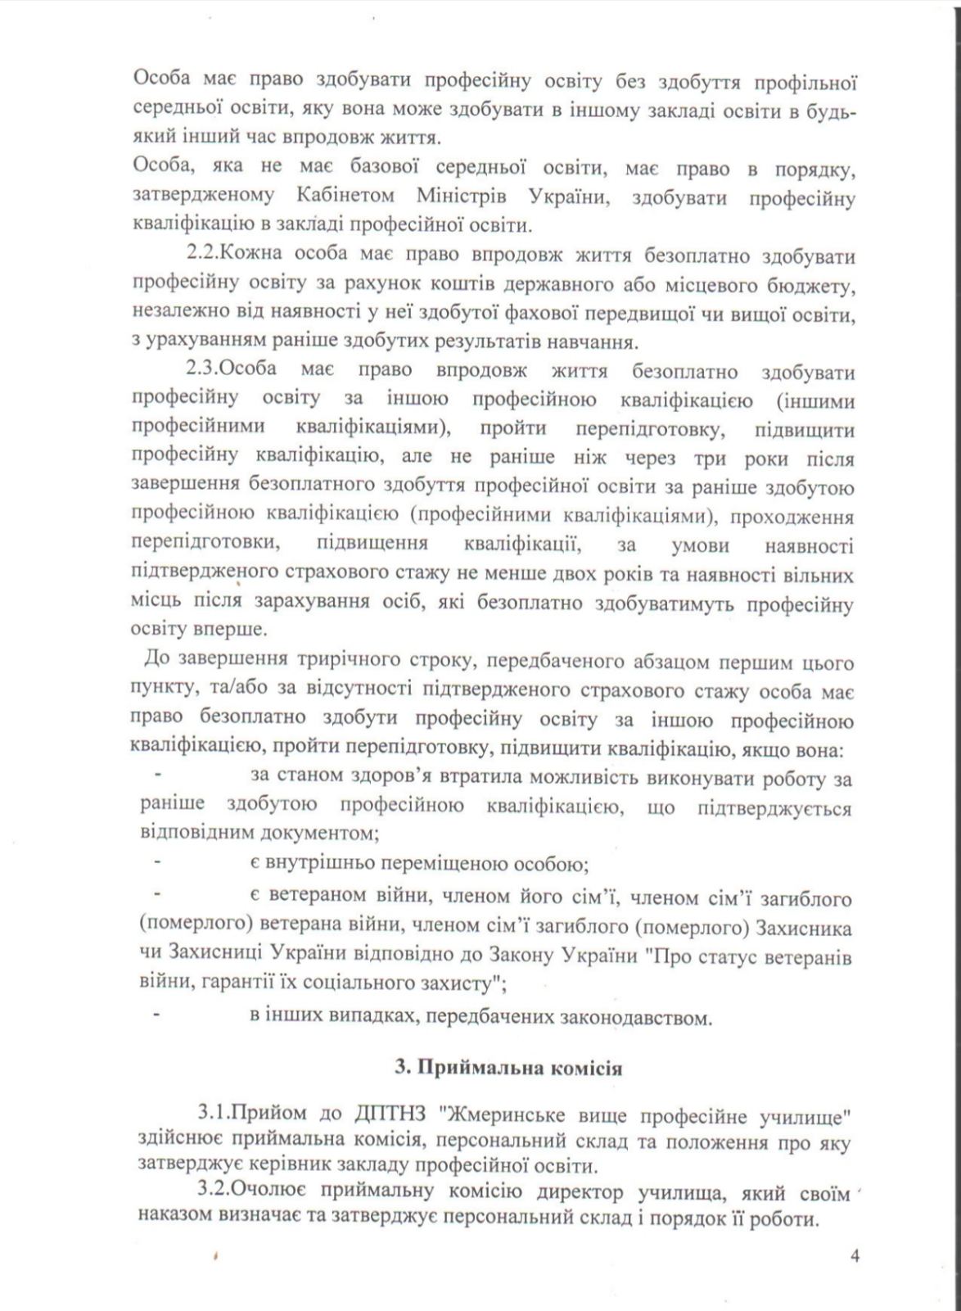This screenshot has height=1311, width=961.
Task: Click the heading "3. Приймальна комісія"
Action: tap(508, 1068)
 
